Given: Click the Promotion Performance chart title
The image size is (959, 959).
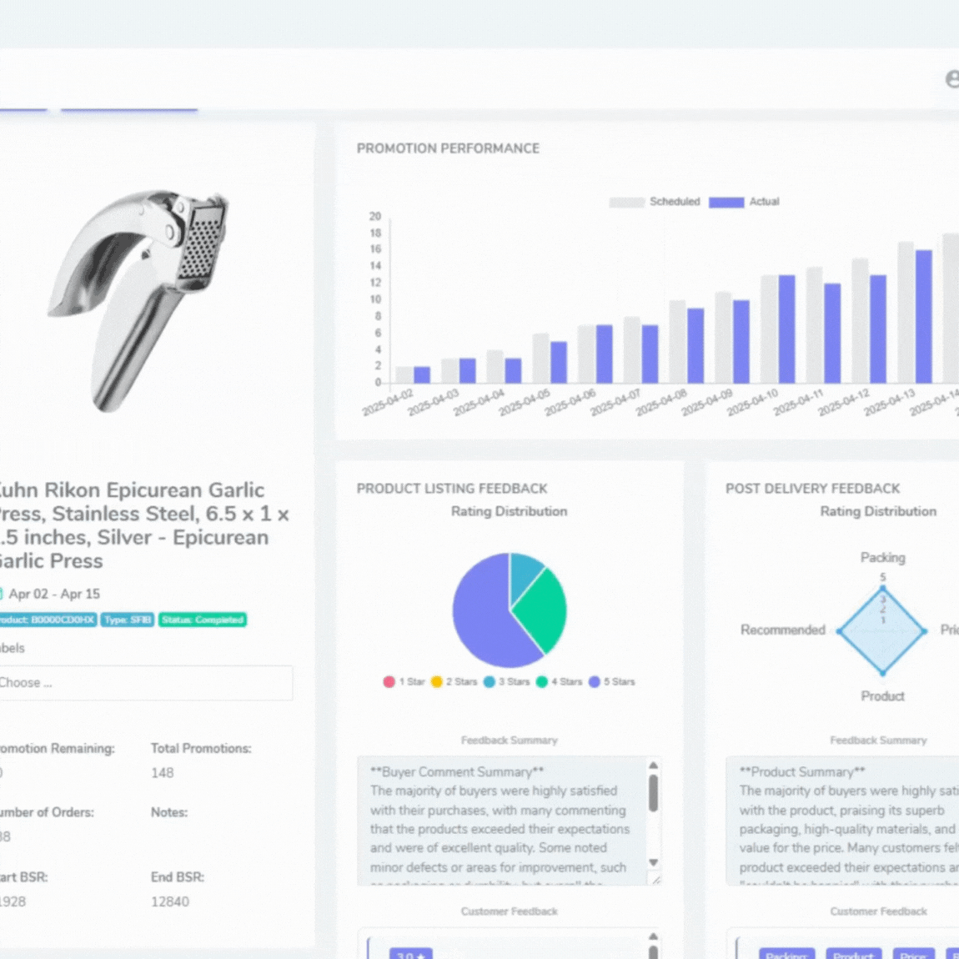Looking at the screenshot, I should (448, 148).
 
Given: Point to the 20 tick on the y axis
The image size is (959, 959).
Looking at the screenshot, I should (375, 216).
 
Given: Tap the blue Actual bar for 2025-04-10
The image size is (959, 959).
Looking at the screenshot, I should (786, 329).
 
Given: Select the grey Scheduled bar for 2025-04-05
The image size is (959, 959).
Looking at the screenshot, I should (541, 359).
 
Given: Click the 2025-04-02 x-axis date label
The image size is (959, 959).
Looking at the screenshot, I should (388, 402).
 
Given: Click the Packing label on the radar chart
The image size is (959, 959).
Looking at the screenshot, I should (882, 557).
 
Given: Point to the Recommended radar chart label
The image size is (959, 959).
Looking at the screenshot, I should (782, 630).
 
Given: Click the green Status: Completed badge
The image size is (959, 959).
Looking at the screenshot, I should (203, 620).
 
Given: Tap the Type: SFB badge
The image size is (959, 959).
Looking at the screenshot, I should (128, 620).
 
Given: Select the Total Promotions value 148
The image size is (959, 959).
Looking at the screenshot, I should (163, 773).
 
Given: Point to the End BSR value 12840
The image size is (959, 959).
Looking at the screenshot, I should (170, 901).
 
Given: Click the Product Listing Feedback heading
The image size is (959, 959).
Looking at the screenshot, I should (452, 489).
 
